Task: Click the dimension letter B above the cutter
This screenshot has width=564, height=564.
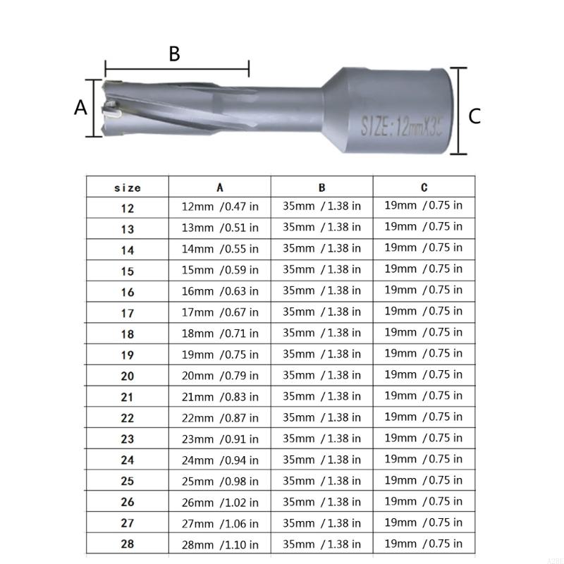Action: tap(174, 54)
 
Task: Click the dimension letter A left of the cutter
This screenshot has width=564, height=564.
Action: tap(80, 107)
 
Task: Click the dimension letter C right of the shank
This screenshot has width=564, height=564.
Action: tap(474, 116)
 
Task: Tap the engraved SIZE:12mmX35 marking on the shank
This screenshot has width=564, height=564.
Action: tap(401, 125)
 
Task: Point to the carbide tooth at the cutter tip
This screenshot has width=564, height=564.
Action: tap(111, 110)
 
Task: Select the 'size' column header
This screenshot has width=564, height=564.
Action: tap(128, 188)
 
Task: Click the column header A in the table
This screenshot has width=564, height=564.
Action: tap(220, 188)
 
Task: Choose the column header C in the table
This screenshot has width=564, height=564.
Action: tap(424, 187)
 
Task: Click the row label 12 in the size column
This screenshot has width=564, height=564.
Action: tap(128, 208)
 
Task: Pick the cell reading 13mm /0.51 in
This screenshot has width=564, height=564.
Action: tap(220, 228)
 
